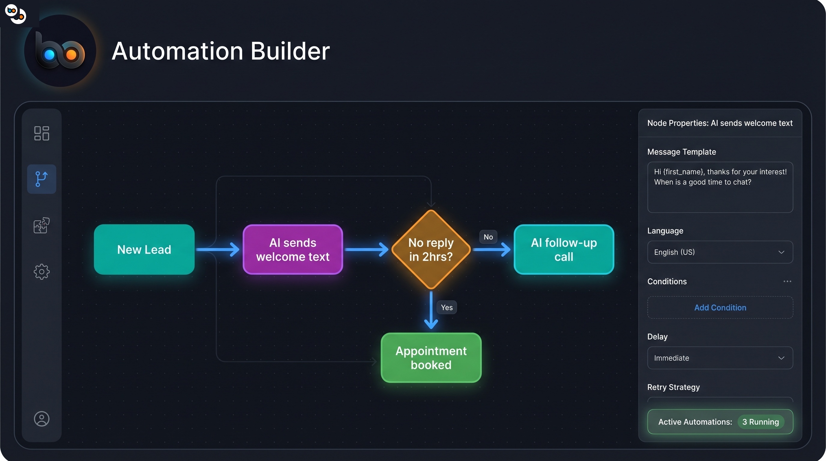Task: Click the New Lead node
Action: pos(144,249)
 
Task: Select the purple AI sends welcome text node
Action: pos(292,249)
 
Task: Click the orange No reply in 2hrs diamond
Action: pos(431,249)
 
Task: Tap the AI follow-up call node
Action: pos(563,249)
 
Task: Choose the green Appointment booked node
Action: pos(431,357)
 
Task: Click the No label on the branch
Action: pos(488,237)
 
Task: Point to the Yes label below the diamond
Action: pos(446,307)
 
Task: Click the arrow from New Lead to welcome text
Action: pos(218,249)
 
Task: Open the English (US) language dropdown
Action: pos(720,252)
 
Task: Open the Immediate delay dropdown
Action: pos(720,358)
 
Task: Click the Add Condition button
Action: pos(720,307)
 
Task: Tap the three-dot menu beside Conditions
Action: pos(787,282)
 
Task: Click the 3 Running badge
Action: pos(760,422)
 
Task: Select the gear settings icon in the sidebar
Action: pos(42,272)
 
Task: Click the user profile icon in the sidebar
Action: pos(42,419)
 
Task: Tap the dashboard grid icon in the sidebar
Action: pos(42,133)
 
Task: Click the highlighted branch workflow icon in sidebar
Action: pos(42,179)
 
